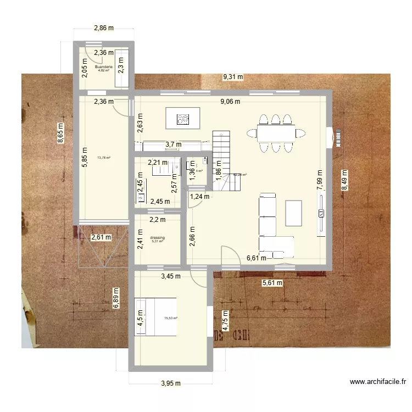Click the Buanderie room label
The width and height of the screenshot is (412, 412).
[103, 67]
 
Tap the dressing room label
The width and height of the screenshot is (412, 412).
[157, 238]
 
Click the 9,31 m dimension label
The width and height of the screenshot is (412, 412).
[232, 77]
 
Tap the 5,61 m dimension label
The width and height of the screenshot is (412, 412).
[271, 283]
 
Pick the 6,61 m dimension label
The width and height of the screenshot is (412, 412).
[257, 258]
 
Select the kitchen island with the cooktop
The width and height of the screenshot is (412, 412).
[183, 118]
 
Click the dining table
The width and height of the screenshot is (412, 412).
[276, 133]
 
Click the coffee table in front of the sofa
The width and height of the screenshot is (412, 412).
[293, 213]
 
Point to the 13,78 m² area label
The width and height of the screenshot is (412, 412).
[104, 158]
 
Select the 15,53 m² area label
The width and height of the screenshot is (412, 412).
[170, 318]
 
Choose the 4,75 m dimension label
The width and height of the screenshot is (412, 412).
[224, 321]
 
